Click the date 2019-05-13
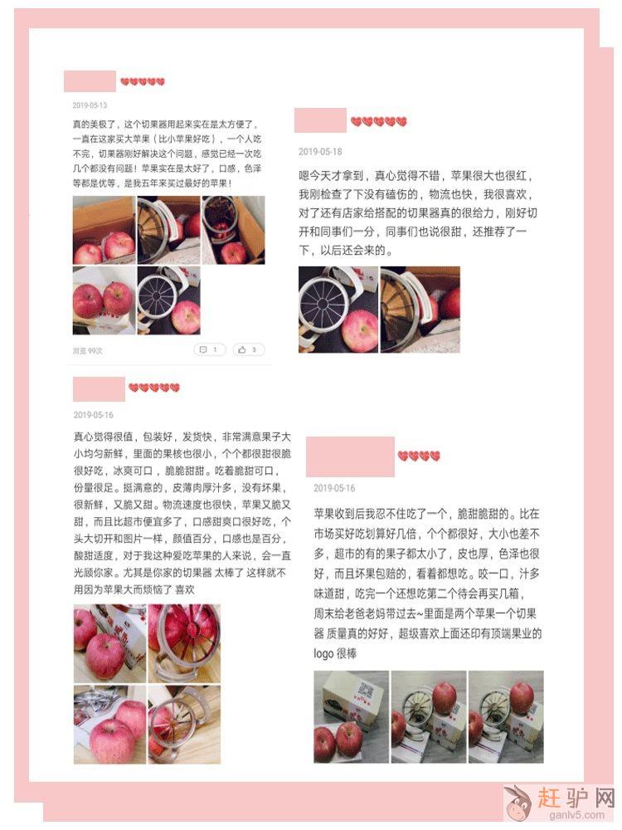[x=90, y=105]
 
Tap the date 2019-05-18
[x=320, y=152]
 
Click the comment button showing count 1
[x=210, y=349]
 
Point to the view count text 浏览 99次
[x=88, y=350]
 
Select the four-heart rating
[x=419, y=456]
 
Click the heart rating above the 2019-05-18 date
[x=379, y=122]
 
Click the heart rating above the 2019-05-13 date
[x=143, y=81]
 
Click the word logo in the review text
[x=323, y=654]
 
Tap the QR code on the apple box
[x=366, y=690]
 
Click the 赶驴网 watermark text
[x=576, y=797]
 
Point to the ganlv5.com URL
[x=576, y=815]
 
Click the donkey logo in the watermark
[x=518, y=803]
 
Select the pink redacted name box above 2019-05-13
[x=90, y=81]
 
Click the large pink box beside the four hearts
[x=350, y=456]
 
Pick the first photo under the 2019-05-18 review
[x=338, y=310]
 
